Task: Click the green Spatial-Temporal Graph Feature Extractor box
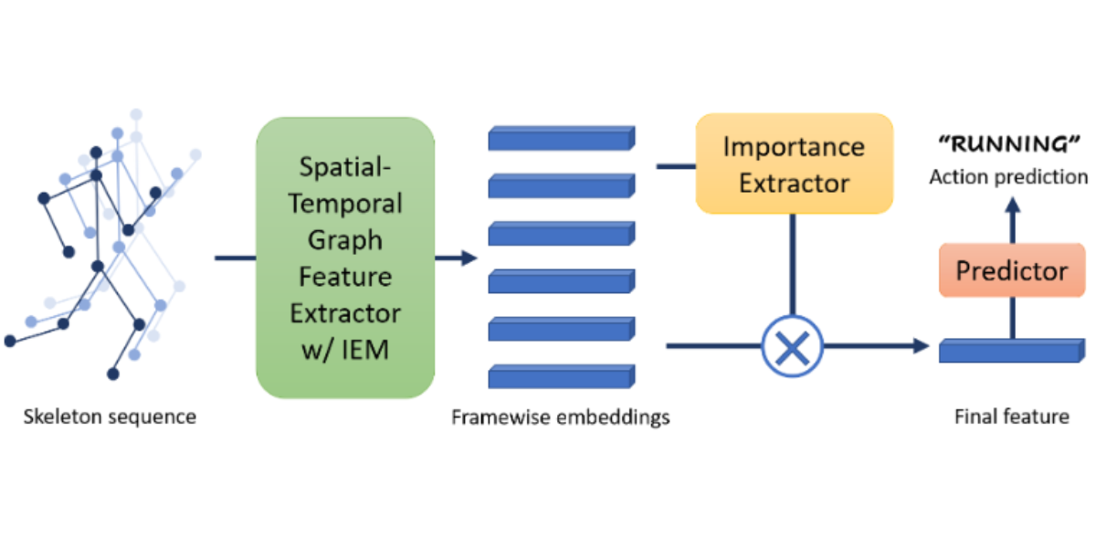[x=345, y=258]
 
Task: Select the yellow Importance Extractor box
[x=794, y=163]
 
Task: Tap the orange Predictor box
[x=1011, y=270]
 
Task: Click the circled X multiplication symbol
[x=792, y=347]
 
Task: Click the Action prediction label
[x=1008, y=176]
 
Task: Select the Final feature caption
[x=1011, y=417]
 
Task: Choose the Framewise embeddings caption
[x=560, y=417]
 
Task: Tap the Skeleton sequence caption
[x=110, y=417]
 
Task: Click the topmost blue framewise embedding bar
[x=560, y=139]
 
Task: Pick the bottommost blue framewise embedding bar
[x=560, y=375]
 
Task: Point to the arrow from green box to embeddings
[x=457, y=258]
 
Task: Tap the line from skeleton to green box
[x=235, y=258]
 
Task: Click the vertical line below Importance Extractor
[x=792, y=265]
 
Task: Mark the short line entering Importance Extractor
[x=676, y=166]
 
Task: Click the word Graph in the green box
[x=345, y=239]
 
